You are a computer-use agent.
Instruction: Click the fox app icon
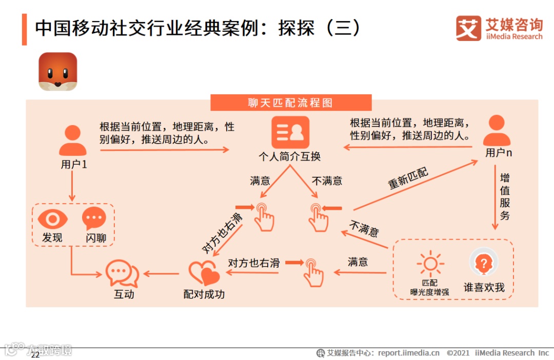(58, 72)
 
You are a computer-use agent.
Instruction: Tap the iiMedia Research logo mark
(468, 28)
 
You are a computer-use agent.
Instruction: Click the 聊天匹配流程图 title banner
(291, 103)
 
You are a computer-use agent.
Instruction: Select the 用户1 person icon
(72, 141)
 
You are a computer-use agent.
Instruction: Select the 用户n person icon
(497, 131)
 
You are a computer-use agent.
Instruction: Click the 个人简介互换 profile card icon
(290, 132)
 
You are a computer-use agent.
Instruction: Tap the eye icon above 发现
(52, 219)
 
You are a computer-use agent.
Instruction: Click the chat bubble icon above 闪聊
(94, 219)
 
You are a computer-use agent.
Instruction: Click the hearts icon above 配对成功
(204, 273)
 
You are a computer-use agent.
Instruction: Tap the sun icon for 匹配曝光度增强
(429, 264)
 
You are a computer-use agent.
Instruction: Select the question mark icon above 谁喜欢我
(484, 263)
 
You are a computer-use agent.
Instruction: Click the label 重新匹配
(408, 178)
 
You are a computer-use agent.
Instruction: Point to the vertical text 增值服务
(505, 197)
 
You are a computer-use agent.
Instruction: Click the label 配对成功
(204, 294)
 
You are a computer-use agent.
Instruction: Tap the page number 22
(35, 355)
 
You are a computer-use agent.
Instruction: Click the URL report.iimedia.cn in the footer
(409, 353)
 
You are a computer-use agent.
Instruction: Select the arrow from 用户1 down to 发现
(72, 186)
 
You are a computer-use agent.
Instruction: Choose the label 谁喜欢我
(484, 288)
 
